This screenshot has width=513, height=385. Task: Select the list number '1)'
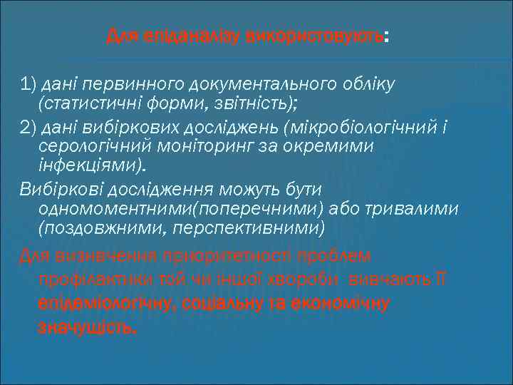click(29, 85)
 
